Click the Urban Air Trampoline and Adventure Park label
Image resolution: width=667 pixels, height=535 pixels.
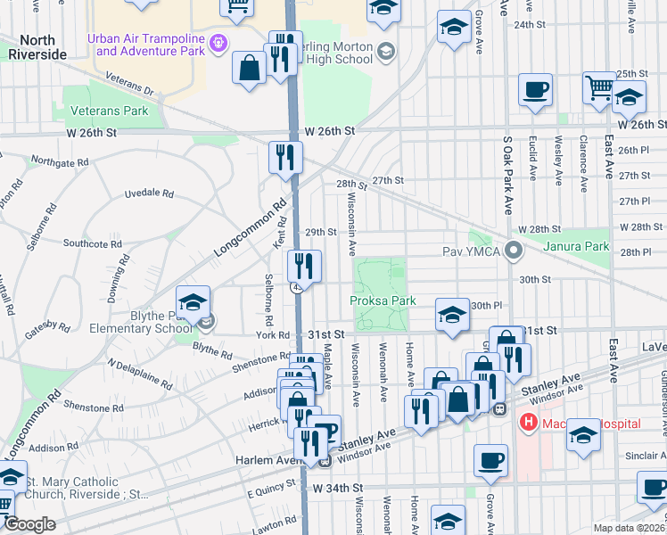144,44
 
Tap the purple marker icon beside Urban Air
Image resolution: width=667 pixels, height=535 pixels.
216,42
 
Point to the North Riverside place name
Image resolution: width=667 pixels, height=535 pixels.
37,47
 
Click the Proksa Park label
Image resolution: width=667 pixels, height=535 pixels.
383,301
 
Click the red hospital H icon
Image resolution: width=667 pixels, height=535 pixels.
530,421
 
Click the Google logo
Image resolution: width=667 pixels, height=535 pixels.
29,524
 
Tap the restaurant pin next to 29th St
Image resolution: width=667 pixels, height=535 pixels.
303,265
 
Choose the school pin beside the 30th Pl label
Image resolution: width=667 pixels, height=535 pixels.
452,314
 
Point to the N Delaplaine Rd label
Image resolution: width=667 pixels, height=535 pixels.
139,374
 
